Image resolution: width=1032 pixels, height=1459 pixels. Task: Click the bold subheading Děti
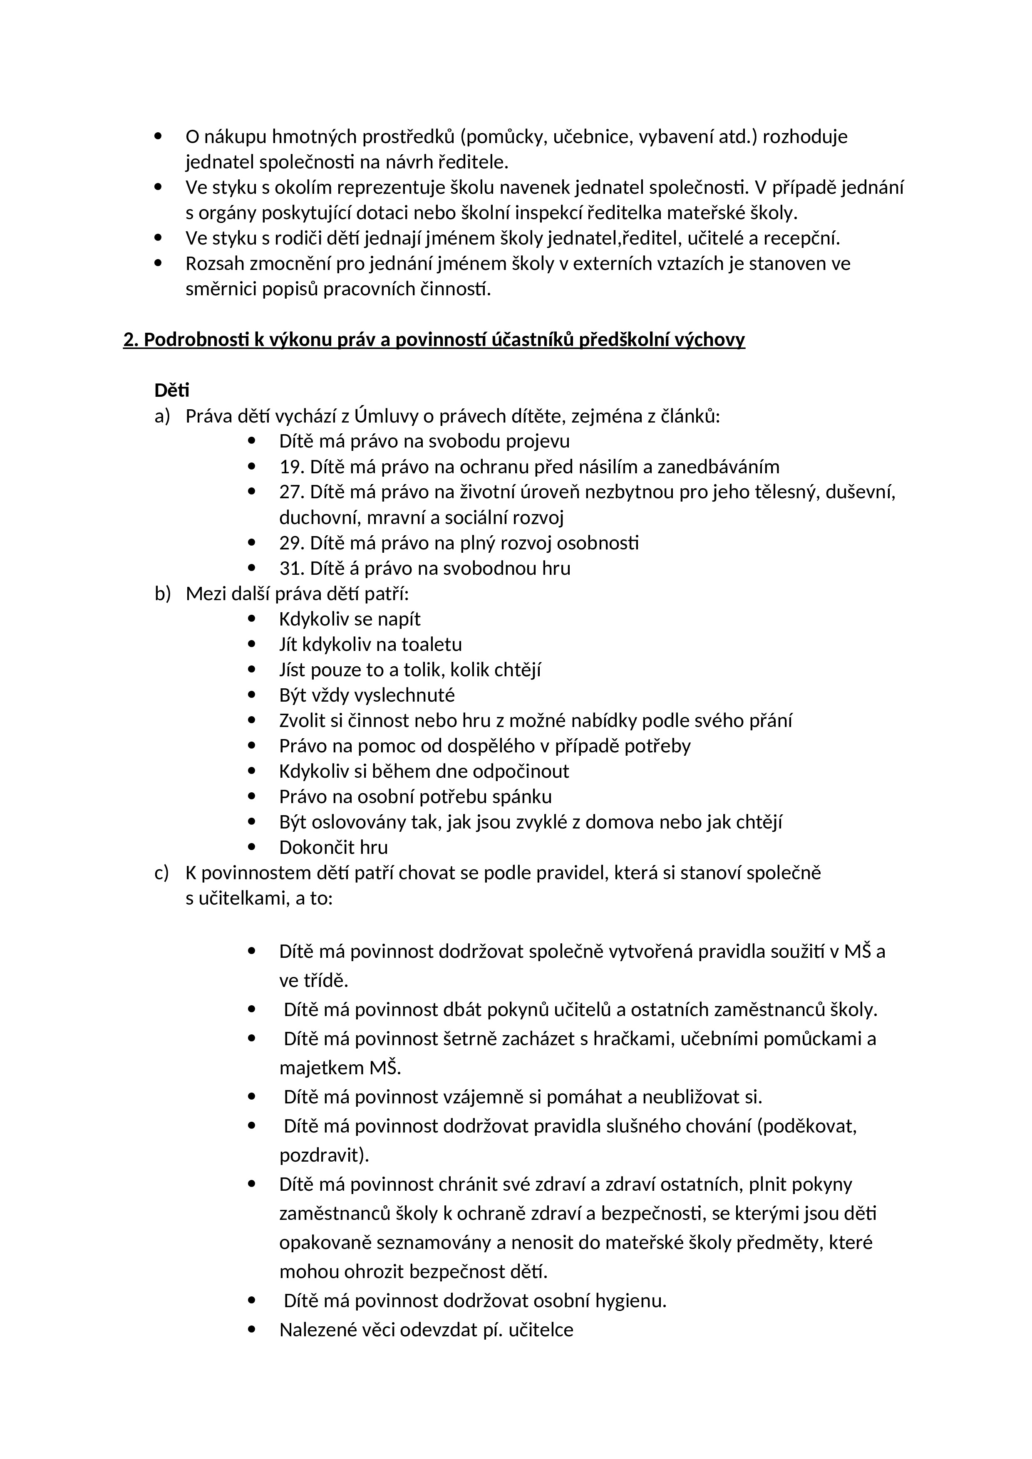click(x=172, y=390)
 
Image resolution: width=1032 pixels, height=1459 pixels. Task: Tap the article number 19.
click(x=291, y=467)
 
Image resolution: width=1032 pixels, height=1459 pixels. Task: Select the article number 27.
click(x=291, y=492)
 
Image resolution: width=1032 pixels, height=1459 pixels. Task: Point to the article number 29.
click(x=291, y=543)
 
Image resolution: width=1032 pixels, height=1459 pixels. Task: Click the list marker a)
click(x=162, y=416)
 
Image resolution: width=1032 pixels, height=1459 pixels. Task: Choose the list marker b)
click(x=163, y=594)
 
